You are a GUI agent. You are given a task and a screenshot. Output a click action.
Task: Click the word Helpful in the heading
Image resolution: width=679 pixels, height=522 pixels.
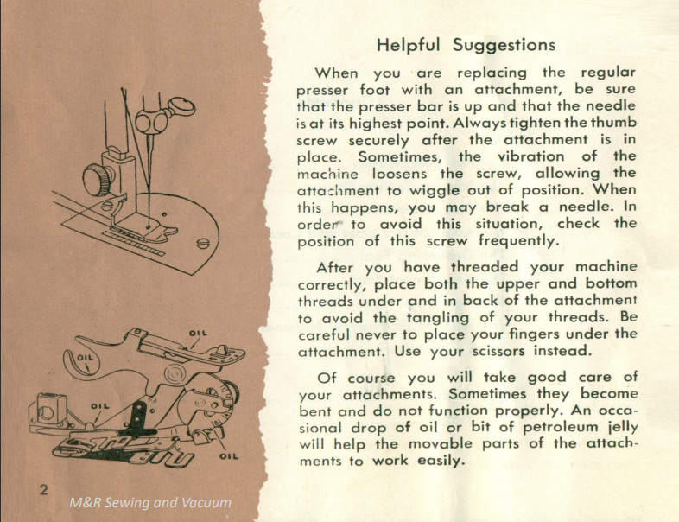click(408, 45)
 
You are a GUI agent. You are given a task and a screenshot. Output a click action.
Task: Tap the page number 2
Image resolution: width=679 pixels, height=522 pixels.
click(42, 491)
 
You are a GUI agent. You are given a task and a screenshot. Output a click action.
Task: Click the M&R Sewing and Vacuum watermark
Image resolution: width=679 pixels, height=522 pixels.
click(151, 502)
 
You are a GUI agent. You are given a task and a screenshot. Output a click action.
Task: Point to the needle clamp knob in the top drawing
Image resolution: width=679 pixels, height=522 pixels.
click(181, 108)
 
